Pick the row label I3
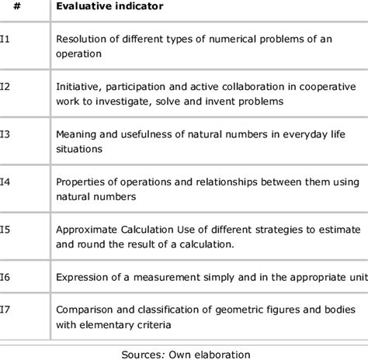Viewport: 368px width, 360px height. coord(5,133)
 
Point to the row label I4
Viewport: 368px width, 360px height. coord(5,182)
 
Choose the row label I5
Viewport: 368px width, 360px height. coord(5,230)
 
